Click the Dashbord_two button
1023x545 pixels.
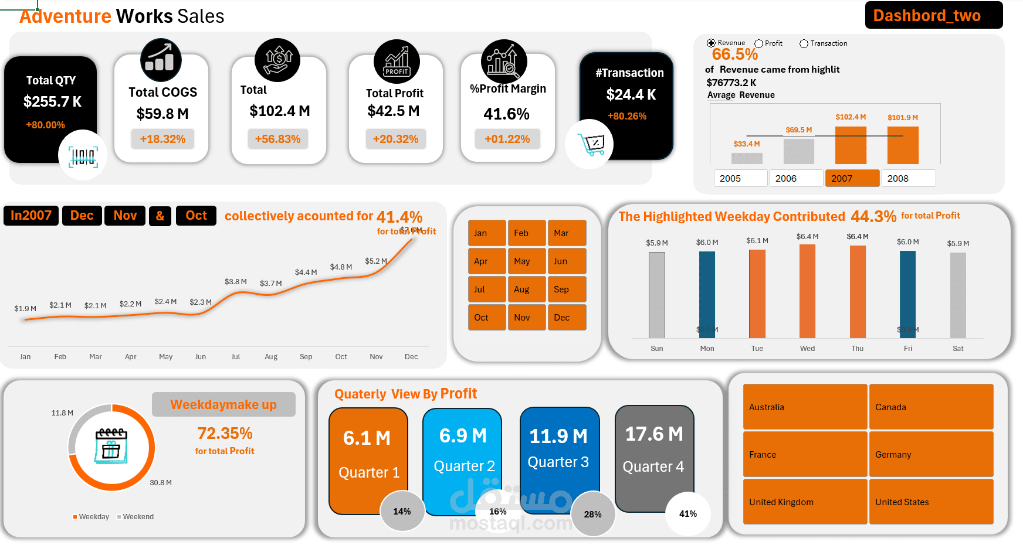click(x=933, y=15)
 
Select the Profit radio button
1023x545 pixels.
click(x=759, y=43)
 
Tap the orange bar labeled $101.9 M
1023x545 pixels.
click(x=903, y=145)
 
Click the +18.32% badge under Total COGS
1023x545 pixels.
click(x=162, y=139)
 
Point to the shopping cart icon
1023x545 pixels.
click(x=591, y=144)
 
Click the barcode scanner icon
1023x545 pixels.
click(x=83, y=156)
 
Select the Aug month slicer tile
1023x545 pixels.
click(x=527, y=289)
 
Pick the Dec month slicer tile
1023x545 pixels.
click(x=567, y=317)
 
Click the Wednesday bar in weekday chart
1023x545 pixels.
click(x=807, y=291)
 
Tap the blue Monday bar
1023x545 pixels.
click(x=707, y=294)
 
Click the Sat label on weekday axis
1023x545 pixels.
click(x=958, y=348)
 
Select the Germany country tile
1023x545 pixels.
click(x=931, y=454)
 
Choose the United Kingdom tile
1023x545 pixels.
click(x=805, y=502)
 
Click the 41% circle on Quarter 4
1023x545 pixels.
click(x=688, y=513)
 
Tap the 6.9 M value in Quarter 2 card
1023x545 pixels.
click(x=463, y=435)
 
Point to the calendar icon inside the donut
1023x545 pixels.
click(x=111, y=446)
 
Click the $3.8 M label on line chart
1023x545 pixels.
click(x=235, y=282)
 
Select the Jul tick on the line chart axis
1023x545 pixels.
click(x=235, y=356)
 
